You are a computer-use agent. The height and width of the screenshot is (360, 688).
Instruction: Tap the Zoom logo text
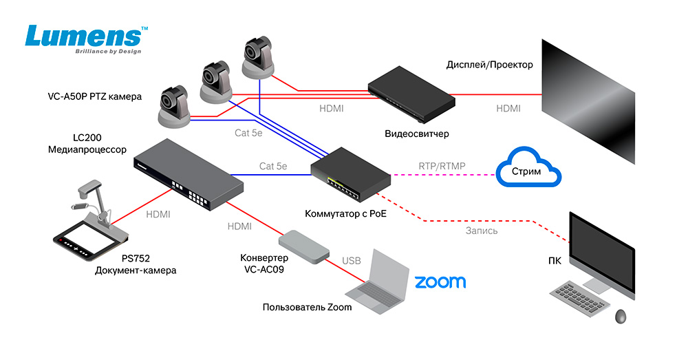point(440,282)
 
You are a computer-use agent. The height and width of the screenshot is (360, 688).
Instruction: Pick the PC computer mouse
point(621,316)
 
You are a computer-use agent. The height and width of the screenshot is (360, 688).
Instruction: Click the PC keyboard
point(581,296)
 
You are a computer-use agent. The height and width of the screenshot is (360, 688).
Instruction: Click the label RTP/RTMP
point(440,166)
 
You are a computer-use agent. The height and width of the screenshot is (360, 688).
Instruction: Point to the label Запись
point(480,231)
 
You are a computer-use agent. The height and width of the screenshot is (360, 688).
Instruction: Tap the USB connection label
point(352,261)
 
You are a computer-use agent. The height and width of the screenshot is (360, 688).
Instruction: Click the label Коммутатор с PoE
point(346,213)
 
